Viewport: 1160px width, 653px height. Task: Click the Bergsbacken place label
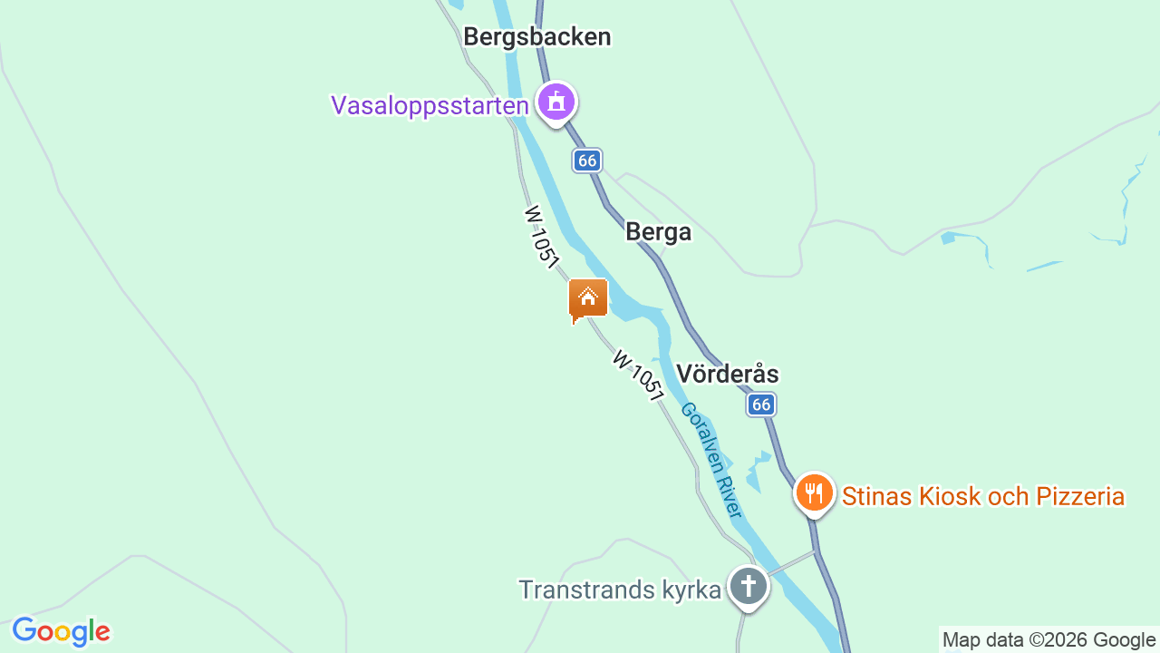[x=536, y=37]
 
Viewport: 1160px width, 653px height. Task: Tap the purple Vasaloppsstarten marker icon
[x=556, y=102]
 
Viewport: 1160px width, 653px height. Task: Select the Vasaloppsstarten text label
[x=430, y=106]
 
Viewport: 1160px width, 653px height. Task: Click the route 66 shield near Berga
[x=587, y=161]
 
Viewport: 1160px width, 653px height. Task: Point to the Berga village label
[x=658, y=232]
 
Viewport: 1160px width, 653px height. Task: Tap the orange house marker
[x=588, y=298]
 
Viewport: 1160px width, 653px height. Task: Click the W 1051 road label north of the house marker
[x=541, y=236]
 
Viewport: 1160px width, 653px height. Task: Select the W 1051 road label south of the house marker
[x=637, y=375]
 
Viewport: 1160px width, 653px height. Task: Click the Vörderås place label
[x=728, y=374]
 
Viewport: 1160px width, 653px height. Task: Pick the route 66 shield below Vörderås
[x=761, y=404]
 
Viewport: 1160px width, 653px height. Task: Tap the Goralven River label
[x=711, y=460]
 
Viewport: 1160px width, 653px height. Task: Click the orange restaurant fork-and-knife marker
[x=814, y=493]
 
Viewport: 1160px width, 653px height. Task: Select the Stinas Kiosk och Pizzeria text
[x=983, y=497]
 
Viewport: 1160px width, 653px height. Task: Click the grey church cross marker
[x=749, y=586]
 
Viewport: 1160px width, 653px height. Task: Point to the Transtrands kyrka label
[x=620, y=590]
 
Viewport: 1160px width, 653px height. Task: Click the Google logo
[x=61, y=631]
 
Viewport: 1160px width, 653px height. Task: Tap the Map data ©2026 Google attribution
[x=1049, y=639]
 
